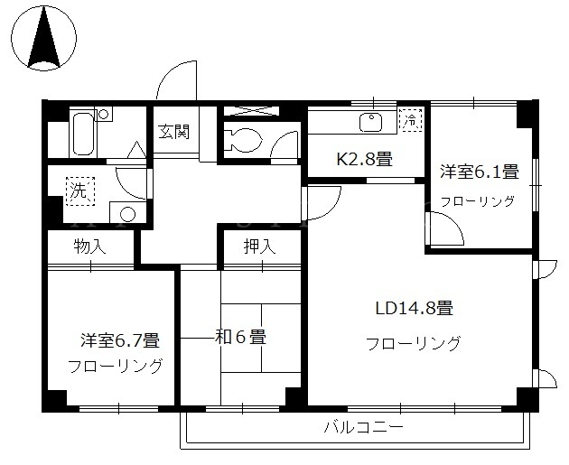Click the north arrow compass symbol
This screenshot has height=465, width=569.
pyautogui.click(x=44, y=37)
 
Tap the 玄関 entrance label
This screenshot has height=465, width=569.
pyautogui.click(x=173, y=131)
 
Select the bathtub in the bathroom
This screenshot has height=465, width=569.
pyautogui.click(x=83, y=134)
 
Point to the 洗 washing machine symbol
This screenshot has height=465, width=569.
pyautogui.click(x=79, y=191)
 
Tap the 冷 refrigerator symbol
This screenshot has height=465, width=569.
pyautogui.click(x=411, y=119)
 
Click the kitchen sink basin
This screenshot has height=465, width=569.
pyautogui.click(x=371, y=122)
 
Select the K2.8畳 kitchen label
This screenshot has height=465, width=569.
pyautogui.click(x=365, y=159)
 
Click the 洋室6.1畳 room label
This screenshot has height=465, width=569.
pyautogui.click(x=480, y=172)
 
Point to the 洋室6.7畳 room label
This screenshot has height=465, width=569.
pyautogui.click(x=120, y=340)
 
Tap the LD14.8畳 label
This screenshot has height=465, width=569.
pyautogui.click(x=414, y=308)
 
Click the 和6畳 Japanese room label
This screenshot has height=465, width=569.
pyautogui.click(x=241, y=338)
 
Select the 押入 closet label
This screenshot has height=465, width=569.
pyautogui.click(x=259, y=246)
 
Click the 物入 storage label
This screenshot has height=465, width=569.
pyautogui.click(x=89, y=246)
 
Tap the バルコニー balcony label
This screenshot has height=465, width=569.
pyautogui.click(x=363, y=427)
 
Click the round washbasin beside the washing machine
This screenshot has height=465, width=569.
pyautogui.click(x=127, y=214)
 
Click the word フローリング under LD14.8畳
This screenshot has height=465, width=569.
pyautogui.click(x=414, y=343)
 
